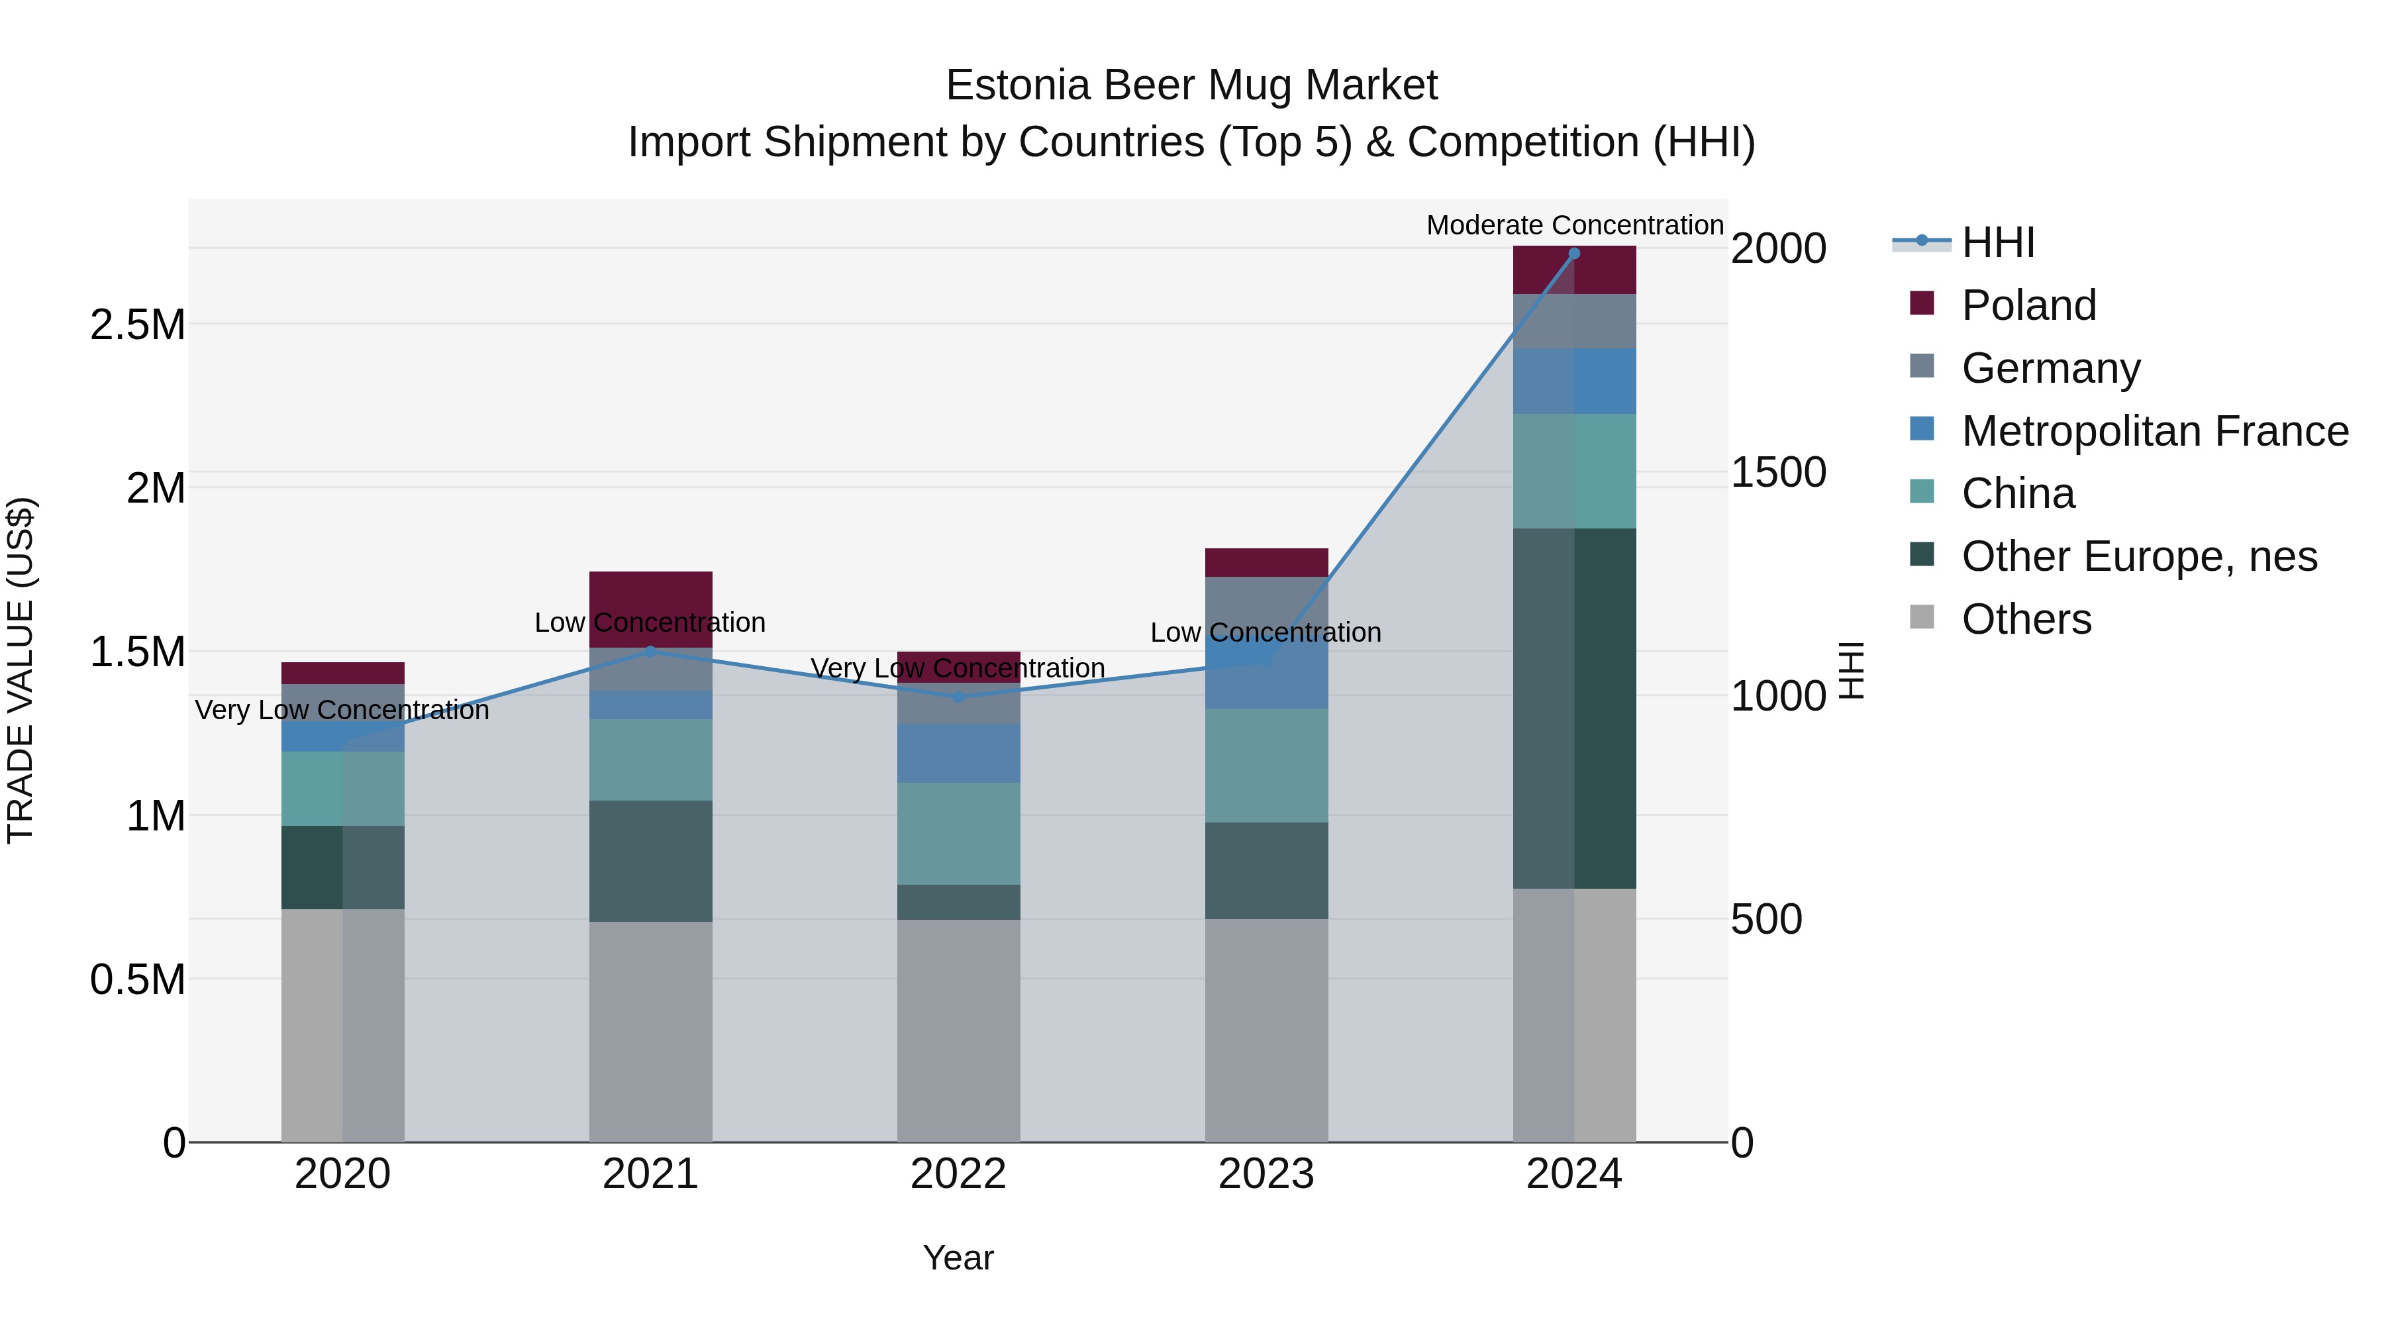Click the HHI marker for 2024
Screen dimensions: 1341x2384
pos(1574,254)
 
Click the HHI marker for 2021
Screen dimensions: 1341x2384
pos(650,652)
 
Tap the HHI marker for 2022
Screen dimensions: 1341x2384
pos(959,697)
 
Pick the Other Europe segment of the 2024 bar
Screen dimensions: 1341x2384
pos(1574,708)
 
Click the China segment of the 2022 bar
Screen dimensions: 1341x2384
pos(959,833)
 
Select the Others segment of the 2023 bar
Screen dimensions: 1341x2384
pos(1266,1030)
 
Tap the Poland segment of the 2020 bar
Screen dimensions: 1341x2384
pos(342,673)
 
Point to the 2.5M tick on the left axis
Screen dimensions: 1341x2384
pos(138,325)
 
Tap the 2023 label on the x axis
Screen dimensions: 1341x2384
pos(1266,1174)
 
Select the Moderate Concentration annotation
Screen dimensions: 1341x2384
pos(1574,225)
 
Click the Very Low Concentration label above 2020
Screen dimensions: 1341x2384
pos(342,710)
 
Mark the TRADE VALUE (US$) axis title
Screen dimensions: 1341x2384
pos(21,670)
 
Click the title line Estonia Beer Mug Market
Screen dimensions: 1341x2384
pos(1191,85)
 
